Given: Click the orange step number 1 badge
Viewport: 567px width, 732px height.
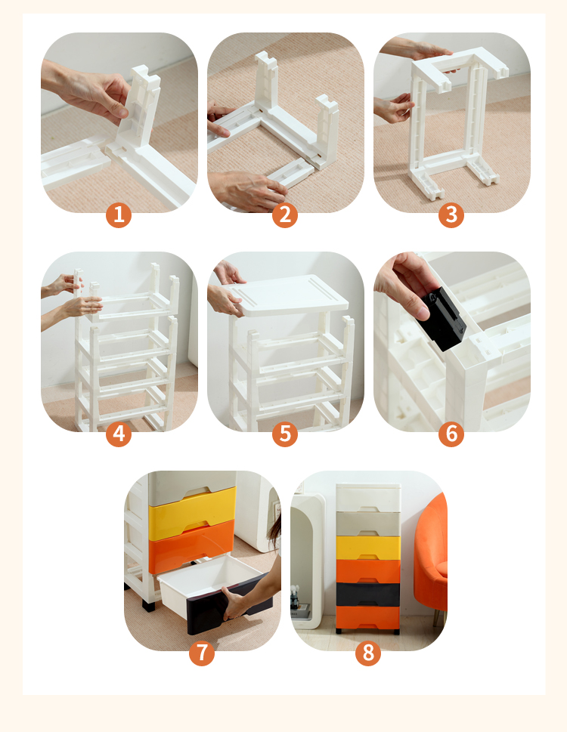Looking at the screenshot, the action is [x=119, y=215].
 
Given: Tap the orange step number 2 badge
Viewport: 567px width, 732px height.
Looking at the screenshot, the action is [x=285, y=215].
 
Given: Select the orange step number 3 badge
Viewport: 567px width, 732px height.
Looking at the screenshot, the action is [x=451, y=215].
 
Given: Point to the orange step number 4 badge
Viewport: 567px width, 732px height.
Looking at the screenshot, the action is [x=119, y=434].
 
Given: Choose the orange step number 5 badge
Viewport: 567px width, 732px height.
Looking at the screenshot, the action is [x=285, y=434].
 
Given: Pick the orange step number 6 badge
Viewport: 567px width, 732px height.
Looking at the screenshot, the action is [x=451, y=434].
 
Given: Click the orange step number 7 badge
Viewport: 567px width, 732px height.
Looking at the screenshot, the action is [x=202, y=653].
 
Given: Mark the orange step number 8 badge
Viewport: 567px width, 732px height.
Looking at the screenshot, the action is [x=368, y=653].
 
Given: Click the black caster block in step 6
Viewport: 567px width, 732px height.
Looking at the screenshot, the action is [x=442, y=318].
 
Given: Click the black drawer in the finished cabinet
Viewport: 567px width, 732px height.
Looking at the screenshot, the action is [x=368, y=595].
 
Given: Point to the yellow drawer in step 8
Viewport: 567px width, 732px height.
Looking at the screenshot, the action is [x=368, y=548].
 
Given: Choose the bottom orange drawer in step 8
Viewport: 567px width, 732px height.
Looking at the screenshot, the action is [x=368, y=617].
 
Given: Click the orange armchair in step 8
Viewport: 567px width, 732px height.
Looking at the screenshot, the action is [x=430, y=555].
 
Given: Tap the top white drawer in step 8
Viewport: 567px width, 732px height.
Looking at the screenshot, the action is [x=368, y=498].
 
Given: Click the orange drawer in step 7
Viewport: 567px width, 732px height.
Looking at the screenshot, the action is [x=191, y=546].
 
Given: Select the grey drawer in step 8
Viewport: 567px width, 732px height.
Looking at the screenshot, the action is [x=368, y=524].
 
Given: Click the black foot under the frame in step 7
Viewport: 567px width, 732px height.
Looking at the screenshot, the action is [x=148, y=606].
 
